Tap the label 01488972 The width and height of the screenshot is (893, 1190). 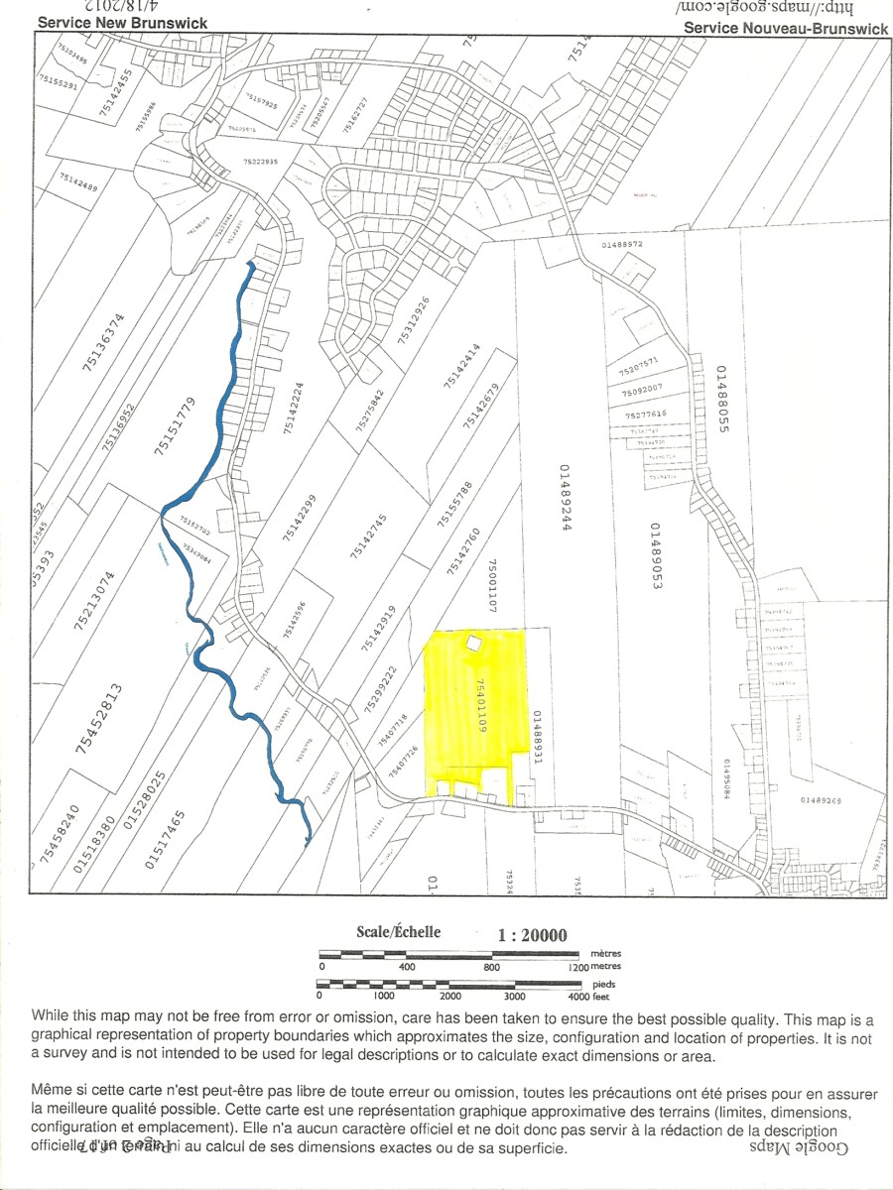point(622,243)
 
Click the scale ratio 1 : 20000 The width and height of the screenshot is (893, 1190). point(532,935)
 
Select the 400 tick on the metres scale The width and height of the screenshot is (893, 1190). point(407,966)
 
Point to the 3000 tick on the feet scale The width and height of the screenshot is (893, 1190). point(514,996)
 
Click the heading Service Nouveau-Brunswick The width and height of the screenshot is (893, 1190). point(786,29)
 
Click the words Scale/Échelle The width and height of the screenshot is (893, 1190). point(398,932)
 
